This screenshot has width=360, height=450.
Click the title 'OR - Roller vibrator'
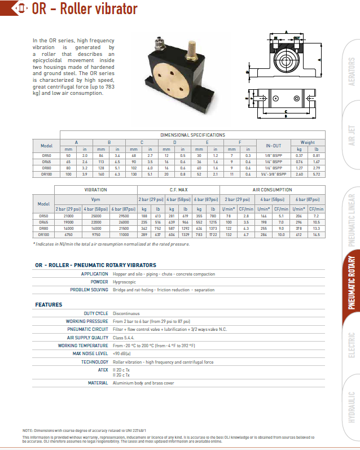click(x=85, y=9)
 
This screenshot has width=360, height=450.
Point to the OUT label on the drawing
click(x=296, y=38)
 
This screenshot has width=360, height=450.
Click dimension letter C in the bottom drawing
click(x=287, y=111)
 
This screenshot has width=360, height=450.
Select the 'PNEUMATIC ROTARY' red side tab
click(x=350, y=282)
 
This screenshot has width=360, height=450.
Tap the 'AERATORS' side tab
click(x=351, y=72)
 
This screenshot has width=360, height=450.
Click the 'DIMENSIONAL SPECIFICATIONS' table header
click(x=192, y=135)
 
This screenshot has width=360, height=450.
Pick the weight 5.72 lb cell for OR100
click(x=317, y=175)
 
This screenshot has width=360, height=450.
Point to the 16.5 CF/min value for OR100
click(x=317, y=234)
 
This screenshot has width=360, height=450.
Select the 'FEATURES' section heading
click(x=49, y=305)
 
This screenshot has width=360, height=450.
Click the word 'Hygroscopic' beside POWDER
click(x=125, y=282)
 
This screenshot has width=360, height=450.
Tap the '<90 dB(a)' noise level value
click(x=124, y=353)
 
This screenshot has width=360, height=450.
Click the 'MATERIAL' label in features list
click(x=98, y=383)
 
